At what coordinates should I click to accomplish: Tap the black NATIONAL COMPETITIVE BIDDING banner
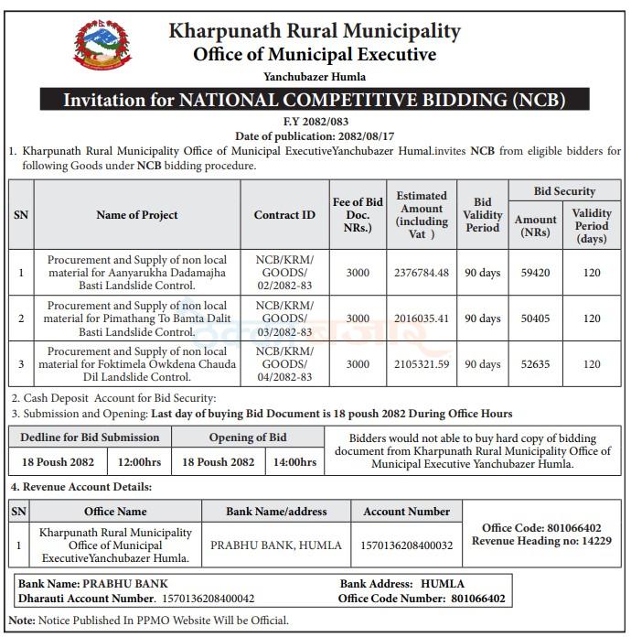click(315, 99)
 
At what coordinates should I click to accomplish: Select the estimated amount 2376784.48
click(421, 272)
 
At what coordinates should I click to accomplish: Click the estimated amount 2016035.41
click(421, 318)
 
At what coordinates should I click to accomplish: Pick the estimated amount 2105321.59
click(421, 364)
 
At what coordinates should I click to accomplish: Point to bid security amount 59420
click(535, 272)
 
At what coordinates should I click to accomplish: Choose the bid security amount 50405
click(535, 318)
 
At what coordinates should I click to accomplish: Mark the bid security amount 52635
click(535, 364)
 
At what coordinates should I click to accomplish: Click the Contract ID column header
click(283, 215)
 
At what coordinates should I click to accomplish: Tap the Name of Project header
click(137, 215)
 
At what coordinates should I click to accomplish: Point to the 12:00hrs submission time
click(139, 461)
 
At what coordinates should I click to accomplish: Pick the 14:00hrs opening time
click(294, 461)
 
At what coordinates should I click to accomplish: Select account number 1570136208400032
click(407, 545)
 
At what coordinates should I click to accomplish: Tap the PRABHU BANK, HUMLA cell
click(276, 545)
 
